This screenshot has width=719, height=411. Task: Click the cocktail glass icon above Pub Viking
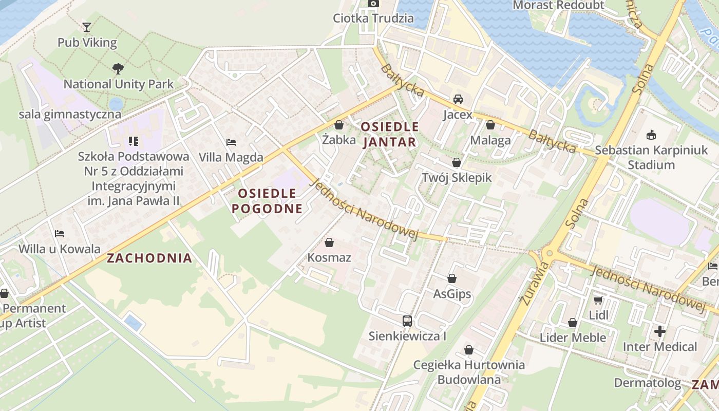(x=87, y=27)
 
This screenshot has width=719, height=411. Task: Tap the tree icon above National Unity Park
(x=118, y=68)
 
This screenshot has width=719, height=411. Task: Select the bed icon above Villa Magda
(x=231, y=142)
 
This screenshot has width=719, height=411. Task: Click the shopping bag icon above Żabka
(x=338, y=124)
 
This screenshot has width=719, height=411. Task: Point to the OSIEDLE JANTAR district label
(x=389, y=134)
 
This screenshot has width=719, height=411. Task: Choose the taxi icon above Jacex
(x=458, y=99)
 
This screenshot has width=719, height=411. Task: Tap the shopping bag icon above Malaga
(x=490, y=125)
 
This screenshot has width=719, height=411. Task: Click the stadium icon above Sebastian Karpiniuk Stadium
(x=651, y=135)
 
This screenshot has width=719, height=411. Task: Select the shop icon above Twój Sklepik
(x=456, y=162)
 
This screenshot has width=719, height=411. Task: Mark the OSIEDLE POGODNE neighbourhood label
(x=267, y=201)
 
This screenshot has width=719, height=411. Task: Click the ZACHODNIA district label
(x=149, y=258)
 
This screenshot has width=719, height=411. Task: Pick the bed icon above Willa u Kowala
(x=60, y=234)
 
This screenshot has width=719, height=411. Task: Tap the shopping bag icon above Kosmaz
(x=329, y=242)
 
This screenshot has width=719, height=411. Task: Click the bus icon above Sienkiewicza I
(x=407, y=321)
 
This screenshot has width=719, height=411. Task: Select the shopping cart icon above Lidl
(x=598, y=300)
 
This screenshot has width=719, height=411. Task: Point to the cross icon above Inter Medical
(x=660, y=331)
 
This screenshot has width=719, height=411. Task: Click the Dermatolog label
(x=647, y=383)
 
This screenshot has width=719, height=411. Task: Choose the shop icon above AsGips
(x=452, y=278)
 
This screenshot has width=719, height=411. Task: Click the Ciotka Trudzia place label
(x=373, y=18)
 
